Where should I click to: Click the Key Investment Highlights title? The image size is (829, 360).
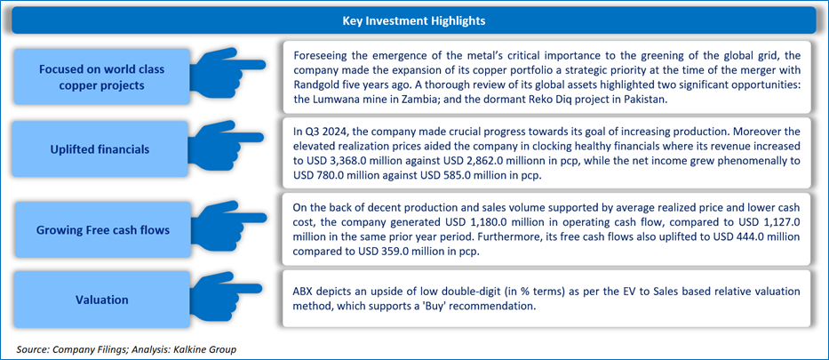[x=414, y=21]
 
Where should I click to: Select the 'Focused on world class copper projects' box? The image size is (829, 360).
[x=101, y=77]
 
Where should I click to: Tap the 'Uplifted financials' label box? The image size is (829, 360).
[x=101, y=149]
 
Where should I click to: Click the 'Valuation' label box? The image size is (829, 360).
[x=101, y=300]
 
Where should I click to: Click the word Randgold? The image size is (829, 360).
[x=313, y=85]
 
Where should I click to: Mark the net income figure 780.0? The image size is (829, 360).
[x=326, y=176]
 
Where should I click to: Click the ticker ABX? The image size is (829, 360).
[x=302, y=292]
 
